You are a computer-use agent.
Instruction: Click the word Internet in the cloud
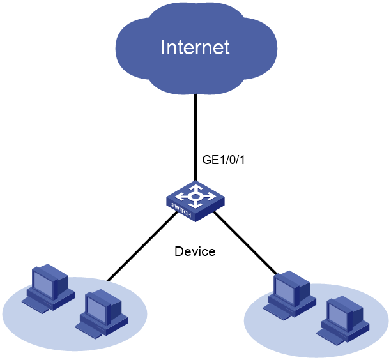click(x=195, y=47)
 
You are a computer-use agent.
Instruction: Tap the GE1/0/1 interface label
click(x=224, y=160)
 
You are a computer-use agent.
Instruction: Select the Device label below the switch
click(x=195, y=251)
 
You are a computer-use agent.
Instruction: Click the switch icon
click(x=195, y=201)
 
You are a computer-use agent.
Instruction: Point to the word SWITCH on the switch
click(x=181, y=210)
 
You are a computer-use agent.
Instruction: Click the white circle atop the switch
click(x=195, y=197)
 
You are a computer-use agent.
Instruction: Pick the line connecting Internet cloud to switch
click(x=195, y=137)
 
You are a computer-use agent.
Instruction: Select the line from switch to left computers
click(x=142, y=246)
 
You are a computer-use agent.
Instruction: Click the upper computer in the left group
click(x=49, y=289)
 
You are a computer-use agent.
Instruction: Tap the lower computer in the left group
click(x=102, y=313)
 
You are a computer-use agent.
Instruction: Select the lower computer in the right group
click(x=343, y=320)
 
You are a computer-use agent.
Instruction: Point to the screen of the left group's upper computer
click(x=43, y=284)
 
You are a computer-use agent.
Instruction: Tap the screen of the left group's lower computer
click(x=96, y=310)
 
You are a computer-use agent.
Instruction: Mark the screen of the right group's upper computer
click(x=285, y=290)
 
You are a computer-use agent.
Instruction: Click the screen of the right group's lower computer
click(x=338, y=316)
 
